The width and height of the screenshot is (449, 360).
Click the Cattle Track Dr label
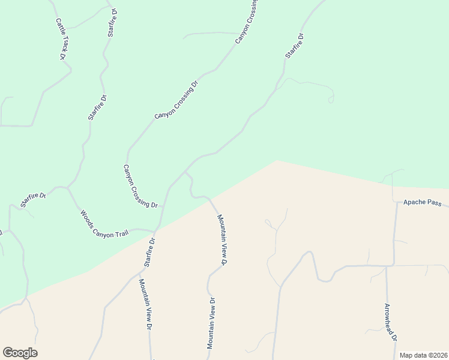coord(61,39)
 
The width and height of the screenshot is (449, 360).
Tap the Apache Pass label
coord(422,203)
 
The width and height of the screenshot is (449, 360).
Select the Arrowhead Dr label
coord(391,322)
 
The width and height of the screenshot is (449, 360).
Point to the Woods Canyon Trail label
coord(104,224)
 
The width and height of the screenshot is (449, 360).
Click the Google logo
coord(20,353)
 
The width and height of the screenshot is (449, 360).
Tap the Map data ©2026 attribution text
coord(423,355)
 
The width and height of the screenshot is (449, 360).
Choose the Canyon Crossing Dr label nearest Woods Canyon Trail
coord(140,187)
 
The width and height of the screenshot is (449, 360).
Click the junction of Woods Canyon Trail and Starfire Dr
coord(155,230)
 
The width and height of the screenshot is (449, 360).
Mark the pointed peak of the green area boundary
coord(276,160)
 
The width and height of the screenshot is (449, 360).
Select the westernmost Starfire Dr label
coord(33,200)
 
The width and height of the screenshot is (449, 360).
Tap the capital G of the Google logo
coord(8,353)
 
